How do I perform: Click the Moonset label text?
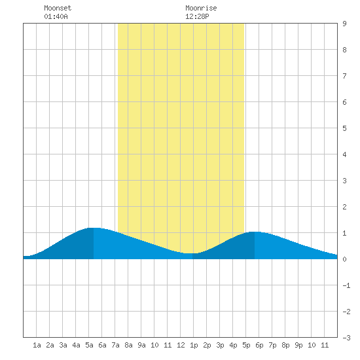pos(58,8)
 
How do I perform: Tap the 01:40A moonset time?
pos(56,16)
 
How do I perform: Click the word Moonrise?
pos(201,8)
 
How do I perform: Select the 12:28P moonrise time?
pos(197,16)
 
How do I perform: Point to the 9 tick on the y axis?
pos(344,24)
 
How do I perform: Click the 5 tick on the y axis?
pos(344,128)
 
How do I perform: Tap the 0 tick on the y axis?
pos(344,259)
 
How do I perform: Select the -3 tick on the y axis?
pos(346,338)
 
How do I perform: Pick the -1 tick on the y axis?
pos(346,285)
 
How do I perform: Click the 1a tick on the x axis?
pos(37,345)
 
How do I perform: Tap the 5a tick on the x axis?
pos(89,345)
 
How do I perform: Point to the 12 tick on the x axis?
pos(181,345)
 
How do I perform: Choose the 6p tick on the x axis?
pos(259,345)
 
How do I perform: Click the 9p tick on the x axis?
pos(298,345)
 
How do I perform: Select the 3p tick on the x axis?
pos(220,345)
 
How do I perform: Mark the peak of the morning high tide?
pos(94,228)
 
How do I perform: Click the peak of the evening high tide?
pos(255,232)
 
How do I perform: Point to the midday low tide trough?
pos(192,253)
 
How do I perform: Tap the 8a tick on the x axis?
pos(128,345)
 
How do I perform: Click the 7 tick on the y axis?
pos(344,76)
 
